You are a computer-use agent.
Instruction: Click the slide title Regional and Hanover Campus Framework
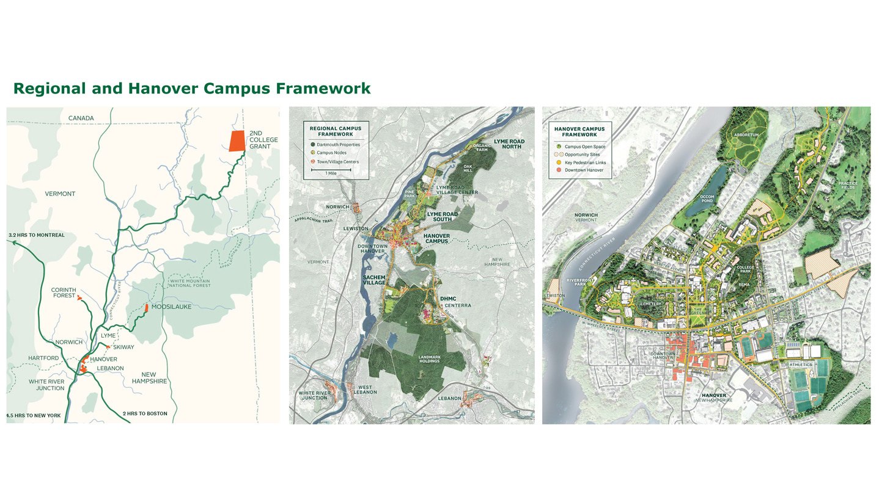(191, 89)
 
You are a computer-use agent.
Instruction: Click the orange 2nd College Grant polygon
(236, 141)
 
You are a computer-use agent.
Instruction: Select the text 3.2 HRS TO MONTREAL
(36, 235)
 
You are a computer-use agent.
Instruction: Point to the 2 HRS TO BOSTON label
(145, 414)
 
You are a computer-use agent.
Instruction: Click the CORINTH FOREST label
(64, 294)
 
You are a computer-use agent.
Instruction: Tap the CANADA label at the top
(81, 118)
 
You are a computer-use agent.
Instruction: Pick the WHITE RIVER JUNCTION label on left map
(46, 385)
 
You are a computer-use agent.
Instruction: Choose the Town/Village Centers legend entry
(337, 161)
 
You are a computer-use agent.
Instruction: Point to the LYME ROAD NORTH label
(509, 145)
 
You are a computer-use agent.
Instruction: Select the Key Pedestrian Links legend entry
(585, 162)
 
